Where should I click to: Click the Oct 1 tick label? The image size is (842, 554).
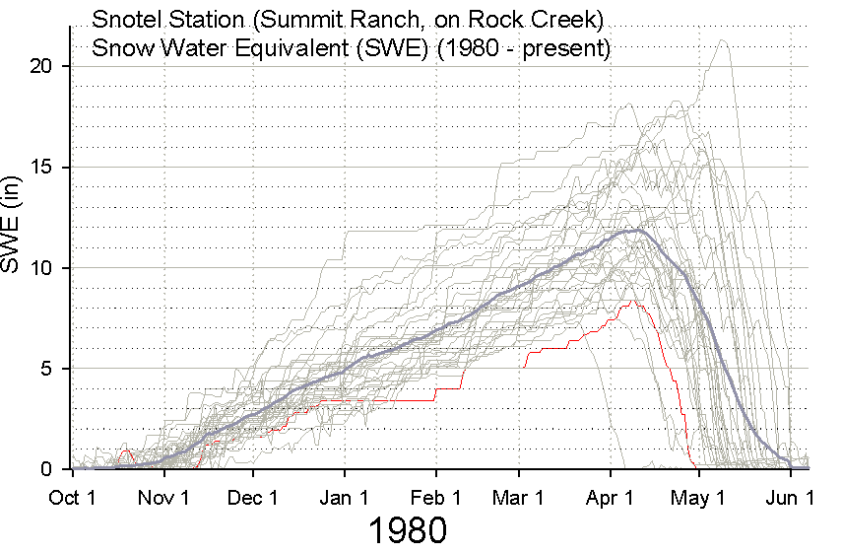pos(72,497)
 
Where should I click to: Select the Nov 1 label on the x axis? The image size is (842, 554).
pos(163,497)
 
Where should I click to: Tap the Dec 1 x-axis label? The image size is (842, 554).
pos(253,497)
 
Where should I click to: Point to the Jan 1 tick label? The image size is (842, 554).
pos(345,497)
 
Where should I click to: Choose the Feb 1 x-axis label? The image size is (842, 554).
pos(436,497)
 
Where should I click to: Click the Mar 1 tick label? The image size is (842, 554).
pos(519,497)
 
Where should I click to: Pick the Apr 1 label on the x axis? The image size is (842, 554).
pos(611,497)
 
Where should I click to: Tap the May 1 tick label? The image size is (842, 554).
pos(699,497)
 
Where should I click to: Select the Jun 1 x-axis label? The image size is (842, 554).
pos(791,497)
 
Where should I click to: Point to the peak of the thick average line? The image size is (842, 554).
pos(639,231)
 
